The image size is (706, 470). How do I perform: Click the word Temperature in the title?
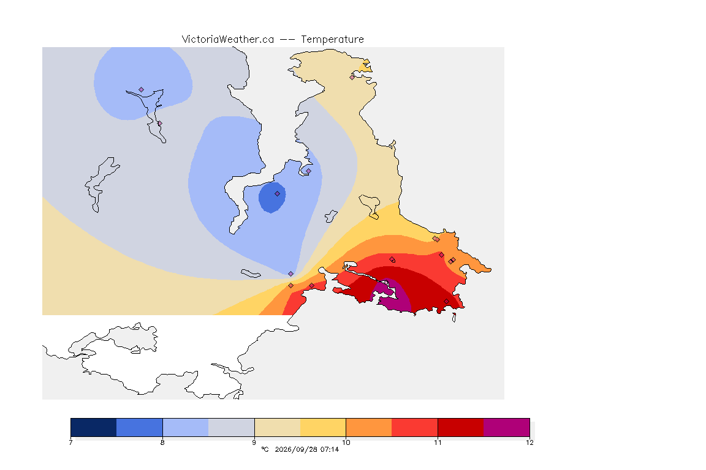coord(332,40)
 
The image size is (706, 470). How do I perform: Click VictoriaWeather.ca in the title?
coord(228,40)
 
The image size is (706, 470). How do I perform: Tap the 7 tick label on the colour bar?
coord(70,442)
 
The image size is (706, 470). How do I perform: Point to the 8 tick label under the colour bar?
coord(162,442)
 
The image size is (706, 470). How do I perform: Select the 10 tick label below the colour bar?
coord(346,442)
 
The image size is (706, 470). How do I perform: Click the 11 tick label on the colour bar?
coord(438,442)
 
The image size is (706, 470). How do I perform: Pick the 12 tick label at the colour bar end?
coord(529,442)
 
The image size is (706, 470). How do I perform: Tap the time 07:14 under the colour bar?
coord(330,449)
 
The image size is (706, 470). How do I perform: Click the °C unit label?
coord(265,449)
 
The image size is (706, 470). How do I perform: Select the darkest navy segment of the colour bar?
coord(94,427)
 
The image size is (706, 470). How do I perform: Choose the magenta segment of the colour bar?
coord(507,427)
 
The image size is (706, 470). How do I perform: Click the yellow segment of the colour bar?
coord(323,427)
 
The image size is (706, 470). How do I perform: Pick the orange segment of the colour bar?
coord(369,427)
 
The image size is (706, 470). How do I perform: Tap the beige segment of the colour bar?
coord(278,427)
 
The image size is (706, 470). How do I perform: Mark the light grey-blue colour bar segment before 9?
coord(232,427)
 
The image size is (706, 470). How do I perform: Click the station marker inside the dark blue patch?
coord(278,194)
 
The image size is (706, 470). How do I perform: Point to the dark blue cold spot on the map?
coord(272,198)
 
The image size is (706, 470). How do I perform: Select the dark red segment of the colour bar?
coord(461,427)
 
